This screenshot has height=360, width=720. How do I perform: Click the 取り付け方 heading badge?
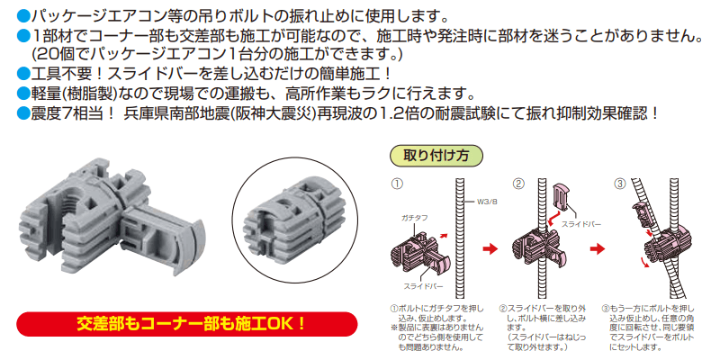[429, 155]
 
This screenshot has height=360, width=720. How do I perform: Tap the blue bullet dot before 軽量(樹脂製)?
[24, 94]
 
